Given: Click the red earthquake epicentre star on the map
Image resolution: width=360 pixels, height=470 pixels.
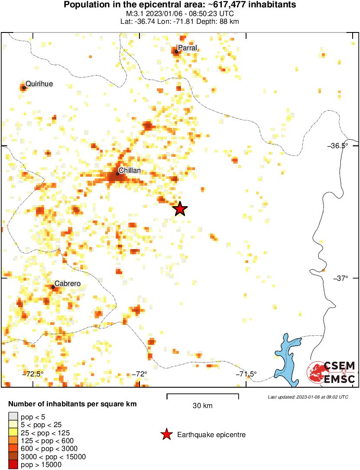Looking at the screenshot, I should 180,209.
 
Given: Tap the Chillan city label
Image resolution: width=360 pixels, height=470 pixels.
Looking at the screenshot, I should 130,171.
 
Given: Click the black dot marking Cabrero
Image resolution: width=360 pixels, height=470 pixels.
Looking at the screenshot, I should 53,287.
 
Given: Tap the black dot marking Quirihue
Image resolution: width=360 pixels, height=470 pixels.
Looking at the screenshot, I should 24,87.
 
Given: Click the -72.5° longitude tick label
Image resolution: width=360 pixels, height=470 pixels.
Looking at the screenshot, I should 33,374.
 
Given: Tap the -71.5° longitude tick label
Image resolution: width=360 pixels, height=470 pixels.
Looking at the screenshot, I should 246,374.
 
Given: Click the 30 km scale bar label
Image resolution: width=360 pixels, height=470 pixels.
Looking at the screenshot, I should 202,406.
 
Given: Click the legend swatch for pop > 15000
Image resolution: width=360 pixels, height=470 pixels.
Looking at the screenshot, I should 13,464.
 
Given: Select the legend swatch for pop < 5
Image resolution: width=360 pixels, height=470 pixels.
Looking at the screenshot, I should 13,417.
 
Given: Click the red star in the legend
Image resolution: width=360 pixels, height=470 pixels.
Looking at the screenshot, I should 166,434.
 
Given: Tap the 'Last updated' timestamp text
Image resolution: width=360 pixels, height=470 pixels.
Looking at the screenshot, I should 308,397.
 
